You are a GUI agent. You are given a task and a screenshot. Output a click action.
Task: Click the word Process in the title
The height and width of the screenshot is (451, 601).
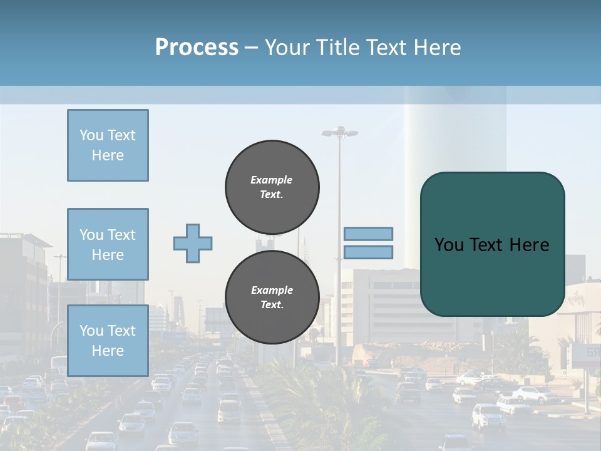[x=197, y=48]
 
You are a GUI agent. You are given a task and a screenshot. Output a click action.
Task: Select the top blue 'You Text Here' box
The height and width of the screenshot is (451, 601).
[x=108, y=145]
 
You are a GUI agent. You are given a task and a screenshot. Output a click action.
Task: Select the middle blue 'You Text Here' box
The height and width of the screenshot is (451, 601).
[x=108, y=244]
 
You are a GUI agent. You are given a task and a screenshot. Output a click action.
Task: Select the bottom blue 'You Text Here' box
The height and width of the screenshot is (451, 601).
[x=108, y=340]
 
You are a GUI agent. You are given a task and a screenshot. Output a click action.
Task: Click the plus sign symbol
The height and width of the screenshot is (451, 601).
[x=193, y=243]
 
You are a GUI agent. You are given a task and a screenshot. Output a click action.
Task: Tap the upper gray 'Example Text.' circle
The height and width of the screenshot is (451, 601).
[x=272, y=187]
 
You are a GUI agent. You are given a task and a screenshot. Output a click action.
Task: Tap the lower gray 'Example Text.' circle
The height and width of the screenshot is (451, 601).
[x=272, y=297]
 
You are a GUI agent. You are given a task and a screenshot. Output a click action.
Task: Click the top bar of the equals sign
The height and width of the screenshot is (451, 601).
[x=368, y=234]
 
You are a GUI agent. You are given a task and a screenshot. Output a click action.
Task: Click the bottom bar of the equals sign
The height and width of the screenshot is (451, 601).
[x=368, y=252]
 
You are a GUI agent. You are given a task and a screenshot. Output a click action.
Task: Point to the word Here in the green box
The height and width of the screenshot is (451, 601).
[x=529, y=244]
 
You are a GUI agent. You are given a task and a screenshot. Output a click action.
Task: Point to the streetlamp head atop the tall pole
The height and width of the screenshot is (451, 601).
[x=339, y=132]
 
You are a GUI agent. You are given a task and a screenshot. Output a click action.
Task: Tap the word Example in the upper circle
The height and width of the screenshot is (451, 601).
[x=271, y=180]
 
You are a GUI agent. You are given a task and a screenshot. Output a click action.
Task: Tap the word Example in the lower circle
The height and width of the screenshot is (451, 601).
[x=272, y=290]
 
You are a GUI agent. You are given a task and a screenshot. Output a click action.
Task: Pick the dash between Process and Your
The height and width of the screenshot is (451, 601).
[x=252, y=48]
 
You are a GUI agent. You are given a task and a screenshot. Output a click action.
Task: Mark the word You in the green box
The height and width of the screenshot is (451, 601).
[x=449, y=244]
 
